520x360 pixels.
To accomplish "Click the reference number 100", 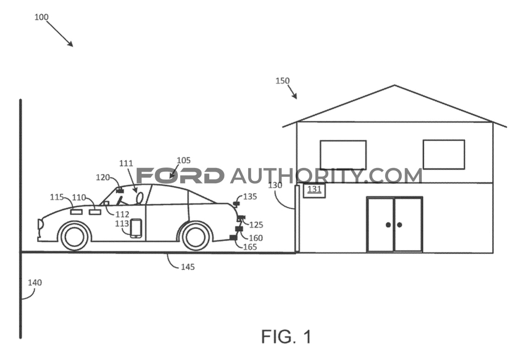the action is [42, 17].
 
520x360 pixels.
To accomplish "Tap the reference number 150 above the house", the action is [282, 81].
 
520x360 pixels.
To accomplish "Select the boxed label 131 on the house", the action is [314, 190].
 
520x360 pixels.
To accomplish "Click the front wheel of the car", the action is [74, 236].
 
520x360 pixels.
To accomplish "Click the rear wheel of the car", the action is [196, 236].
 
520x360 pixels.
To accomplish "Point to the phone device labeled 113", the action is [136, 228].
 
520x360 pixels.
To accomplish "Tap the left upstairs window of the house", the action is [343, 155].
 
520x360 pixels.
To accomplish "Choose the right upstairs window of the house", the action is [444, 155].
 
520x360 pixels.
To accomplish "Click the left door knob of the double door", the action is [388, 225].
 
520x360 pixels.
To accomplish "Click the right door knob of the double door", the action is [400, 225].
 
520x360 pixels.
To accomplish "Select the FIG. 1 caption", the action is [287, 336].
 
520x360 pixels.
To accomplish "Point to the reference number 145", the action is [188, 267].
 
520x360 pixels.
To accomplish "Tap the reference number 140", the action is [35, 282].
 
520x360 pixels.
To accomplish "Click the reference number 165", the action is [250, 247].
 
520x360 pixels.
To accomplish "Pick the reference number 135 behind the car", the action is [250, 197].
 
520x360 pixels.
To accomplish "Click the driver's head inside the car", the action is [140, 198].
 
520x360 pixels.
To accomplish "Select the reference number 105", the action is [184, 161].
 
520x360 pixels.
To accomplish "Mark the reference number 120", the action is [103, 177].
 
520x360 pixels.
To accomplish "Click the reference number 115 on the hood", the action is [56, 197].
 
